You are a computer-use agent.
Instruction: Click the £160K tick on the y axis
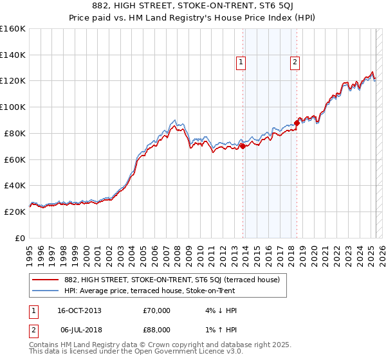pyautogui.click(x=13, y=29)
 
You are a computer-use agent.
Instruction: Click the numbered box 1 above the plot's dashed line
pyautogui.click(x=241, y=62)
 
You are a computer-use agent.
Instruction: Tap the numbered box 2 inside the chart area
pyautogui.click(x=295, y=62)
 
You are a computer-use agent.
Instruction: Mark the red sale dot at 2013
pyautogui.click(x=243, y=146)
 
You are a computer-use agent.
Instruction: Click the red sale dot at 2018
pyautogui.click(x=297, y=122)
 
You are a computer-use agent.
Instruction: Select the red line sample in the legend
pyautogui.click(x=46, y=280)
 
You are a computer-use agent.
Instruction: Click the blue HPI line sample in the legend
pyautogui.click(x=46, y=291)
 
